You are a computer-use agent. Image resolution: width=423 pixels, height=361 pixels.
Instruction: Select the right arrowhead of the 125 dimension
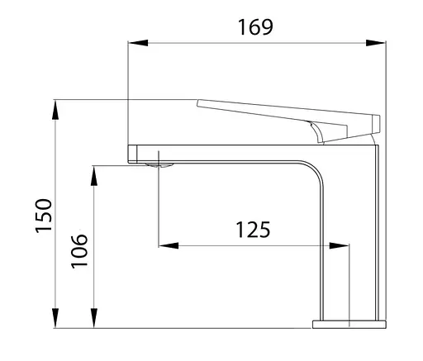pyautogui.click(x=339, y=245)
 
